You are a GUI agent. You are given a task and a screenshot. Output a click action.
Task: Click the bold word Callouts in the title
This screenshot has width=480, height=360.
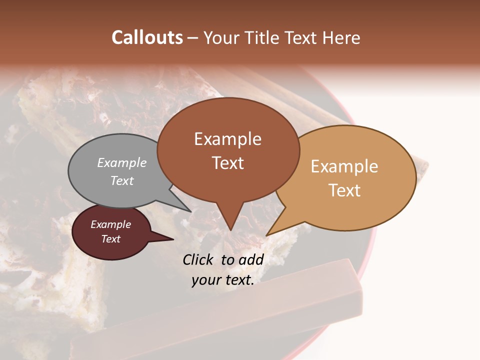click(x=147, y=38)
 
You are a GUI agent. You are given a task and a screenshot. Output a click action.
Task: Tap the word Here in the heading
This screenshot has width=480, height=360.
click(x=341, y=38)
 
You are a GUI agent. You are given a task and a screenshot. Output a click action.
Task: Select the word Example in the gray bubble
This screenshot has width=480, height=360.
click(x=122, y=162)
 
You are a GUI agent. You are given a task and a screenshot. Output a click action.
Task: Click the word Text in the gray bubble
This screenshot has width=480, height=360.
click(x=122, y=180)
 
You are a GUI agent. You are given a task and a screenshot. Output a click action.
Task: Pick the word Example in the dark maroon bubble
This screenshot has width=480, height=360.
click(x=110, y=224)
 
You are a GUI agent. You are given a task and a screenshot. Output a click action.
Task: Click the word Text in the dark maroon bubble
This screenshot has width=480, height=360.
click(x=110, y=239)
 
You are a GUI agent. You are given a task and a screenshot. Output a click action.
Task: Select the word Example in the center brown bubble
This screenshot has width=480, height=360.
click(x=227, y=139)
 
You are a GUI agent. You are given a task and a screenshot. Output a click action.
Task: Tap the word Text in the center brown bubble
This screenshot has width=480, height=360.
click(x=227, y=163)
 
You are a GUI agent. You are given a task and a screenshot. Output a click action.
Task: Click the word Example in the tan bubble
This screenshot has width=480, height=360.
click(x=344, y=166)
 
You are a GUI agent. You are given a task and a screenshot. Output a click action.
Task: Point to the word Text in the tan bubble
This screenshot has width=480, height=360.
click(x=344, y=190)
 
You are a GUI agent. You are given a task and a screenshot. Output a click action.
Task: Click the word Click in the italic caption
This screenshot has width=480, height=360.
click(x=199, y=259)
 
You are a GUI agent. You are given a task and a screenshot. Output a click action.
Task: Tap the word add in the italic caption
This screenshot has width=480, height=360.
click(x=251, y=259)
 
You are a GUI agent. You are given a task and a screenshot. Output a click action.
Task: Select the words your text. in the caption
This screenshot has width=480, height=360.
click(x=223, y=280)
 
